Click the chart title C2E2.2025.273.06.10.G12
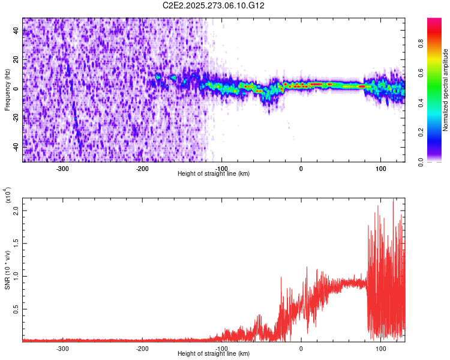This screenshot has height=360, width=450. pos(214,5)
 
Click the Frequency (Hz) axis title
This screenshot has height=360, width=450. pos(7,89)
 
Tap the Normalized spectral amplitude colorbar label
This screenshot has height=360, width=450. pos(446,89)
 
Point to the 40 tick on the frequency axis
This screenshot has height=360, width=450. pos(16,31)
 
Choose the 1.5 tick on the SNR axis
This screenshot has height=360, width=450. pos(15,244)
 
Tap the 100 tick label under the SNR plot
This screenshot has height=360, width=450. pos(380,349)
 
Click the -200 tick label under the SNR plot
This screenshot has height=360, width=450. pos(142,349)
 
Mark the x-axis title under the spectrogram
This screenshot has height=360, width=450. pos(214,174)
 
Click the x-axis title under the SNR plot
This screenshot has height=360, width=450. pos(214,354)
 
